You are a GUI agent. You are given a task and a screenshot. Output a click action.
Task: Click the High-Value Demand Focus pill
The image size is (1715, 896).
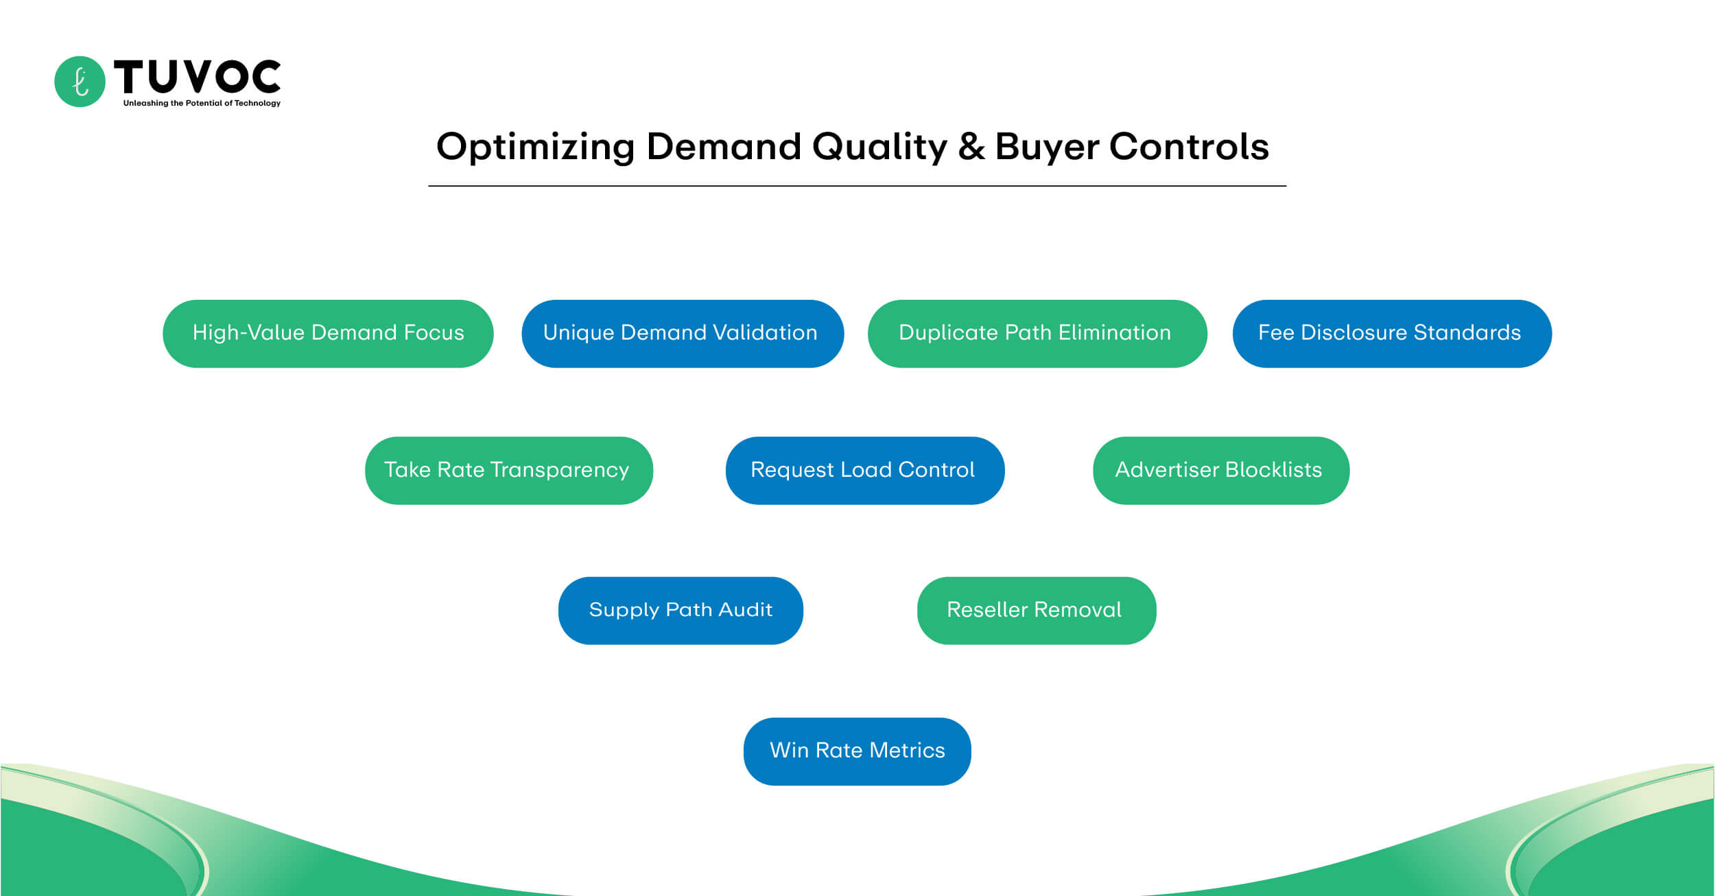point(328,333)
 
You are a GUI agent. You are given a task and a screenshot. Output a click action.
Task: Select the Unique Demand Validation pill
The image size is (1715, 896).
point(682,333)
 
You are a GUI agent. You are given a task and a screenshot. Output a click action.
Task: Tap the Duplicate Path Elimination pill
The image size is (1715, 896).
point(1037,333)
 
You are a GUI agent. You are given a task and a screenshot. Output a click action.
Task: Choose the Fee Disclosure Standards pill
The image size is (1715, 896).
point(1391,333)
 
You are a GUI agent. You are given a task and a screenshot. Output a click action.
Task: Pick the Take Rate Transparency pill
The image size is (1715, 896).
point(508,471)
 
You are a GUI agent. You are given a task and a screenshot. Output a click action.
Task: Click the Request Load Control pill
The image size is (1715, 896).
point(864,471)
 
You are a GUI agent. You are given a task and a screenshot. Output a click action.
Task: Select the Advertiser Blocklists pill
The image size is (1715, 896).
point(1220,471)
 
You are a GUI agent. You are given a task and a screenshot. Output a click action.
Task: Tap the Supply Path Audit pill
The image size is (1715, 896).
point(680,611)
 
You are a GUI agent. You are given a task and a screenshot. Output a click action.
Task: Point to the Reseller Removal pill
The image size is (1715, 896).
point(1036,611)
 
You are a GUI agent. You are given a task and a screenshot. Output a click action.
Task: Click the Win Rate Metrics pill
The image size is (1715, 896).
point(857,751)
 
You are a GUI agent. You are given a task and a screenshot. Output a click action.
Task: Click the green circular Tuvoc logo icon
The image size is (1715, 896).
point(80,82)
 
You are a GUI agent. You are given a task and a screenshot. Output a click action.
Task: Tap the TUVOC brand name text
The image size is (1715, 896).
point(198,76)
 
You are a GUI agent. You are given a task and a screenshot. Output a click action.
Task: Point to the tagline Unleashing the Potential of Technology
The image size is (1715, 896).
point(202,104)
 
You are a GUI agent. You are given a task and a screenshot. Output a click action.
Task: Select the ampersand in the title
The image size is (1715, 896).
point(971,147)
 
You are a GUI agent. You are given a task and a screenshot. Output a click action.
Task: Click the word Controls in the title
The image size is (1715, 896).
point(1189,147)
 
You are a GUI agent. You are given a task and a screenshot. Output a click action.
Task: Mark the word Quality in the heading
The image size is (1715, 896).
point(879,147)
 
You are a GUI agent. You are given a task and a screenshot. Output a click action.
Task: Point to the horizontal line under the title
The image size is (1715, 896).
point(857,186)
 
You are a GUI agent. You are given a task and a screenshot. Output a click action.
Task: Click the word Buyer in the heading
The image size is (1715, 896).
point(1047,147)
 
